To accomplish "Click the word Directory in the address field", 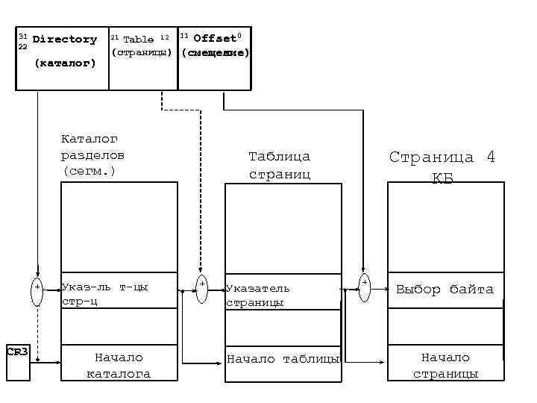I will tap(64, 39).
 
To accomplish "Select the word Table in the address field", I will tap(138, 39).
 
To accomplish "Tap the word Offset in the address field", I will tap(214, 38).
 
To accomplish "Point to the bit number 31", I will tap(22, 36).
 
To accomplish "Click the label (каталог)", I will tap(66, 63).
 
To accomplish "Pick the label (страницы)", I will tap(142, 53).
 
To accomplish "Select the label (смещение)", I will tap(215, 53).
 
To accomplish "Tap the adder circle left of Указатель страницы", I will tap(201, 289).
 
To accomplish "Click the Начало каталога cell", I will tap(119, 365).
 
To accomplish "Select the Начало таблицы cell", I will tap(283, 360).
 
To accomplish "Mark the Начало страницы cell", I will tap(445, 365).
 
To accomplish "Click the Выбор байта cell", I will tap(445, 290).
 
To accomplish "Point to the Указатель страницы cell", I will tap(283, 295).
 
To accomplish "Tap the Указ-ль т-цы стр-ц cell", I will tap(119, 294).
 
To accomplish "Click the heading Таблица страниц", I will tap(278, 165).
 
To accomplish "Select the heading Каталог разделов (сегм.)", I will tap(92, 155).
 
